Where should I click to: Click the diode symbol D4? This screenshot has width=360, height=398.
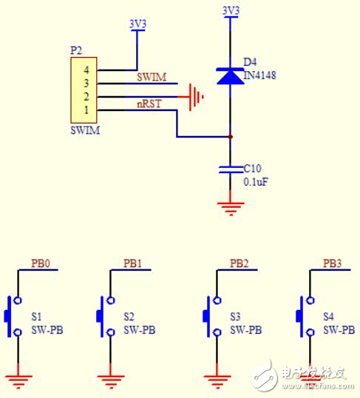click(231, 74)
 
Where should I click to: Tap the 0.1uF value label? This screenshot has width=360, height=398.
click(257, 181)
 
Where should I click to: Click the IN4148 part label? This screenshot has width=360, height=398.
click(259, 75)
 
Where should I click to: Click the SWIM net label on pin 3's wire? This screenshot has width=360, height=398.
click(151, 77)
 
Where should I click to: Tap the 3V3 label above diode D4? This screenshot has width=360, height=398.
click(231, 11)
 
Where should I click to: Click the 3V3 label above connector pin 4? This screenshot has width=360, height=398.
click(137, 24)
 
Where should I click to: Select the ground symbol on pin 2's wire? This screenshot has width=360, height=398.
click(195, 96)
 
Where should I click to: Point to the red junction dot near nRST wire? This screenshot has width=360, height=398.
click(231, 137)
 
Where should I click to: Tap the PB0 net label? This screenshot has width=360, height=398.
click(41, 263)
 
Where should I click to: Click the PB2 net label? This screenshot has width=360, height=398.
click(239, 263)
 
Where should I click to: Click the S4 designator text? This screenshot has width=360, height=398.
click(329, 316)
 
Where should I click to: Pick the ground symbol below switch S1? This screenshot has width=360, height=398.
click(18, 382)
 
